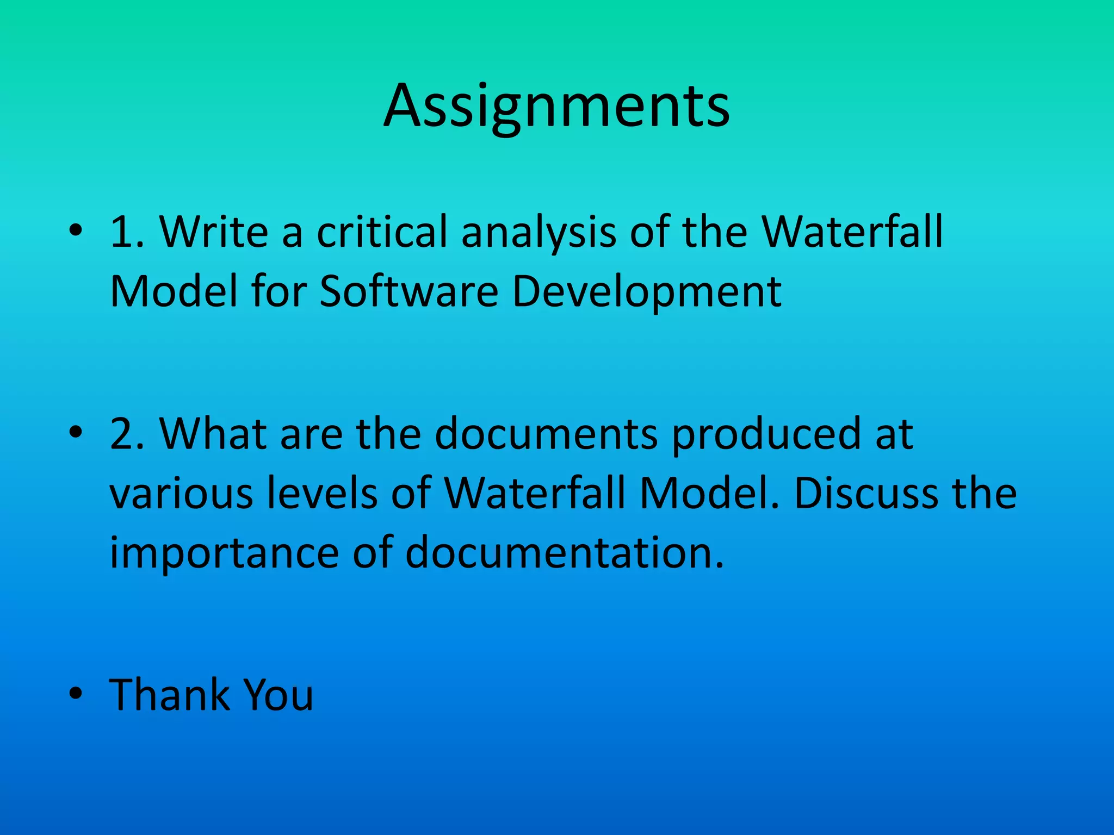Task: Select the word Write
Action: tap(214, 232)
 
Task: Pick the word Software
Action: tap(409, 291)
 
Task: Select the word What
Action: tap(213, 434)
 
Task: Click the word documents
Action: tap(546, 434)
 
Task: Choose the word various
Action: tap(181, 494)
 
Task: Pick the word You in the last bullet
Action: tap(278, 695)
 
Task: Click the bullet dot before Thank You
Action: tap(76, 694)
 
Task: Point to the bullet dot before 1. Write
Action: tap(76, 231)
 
